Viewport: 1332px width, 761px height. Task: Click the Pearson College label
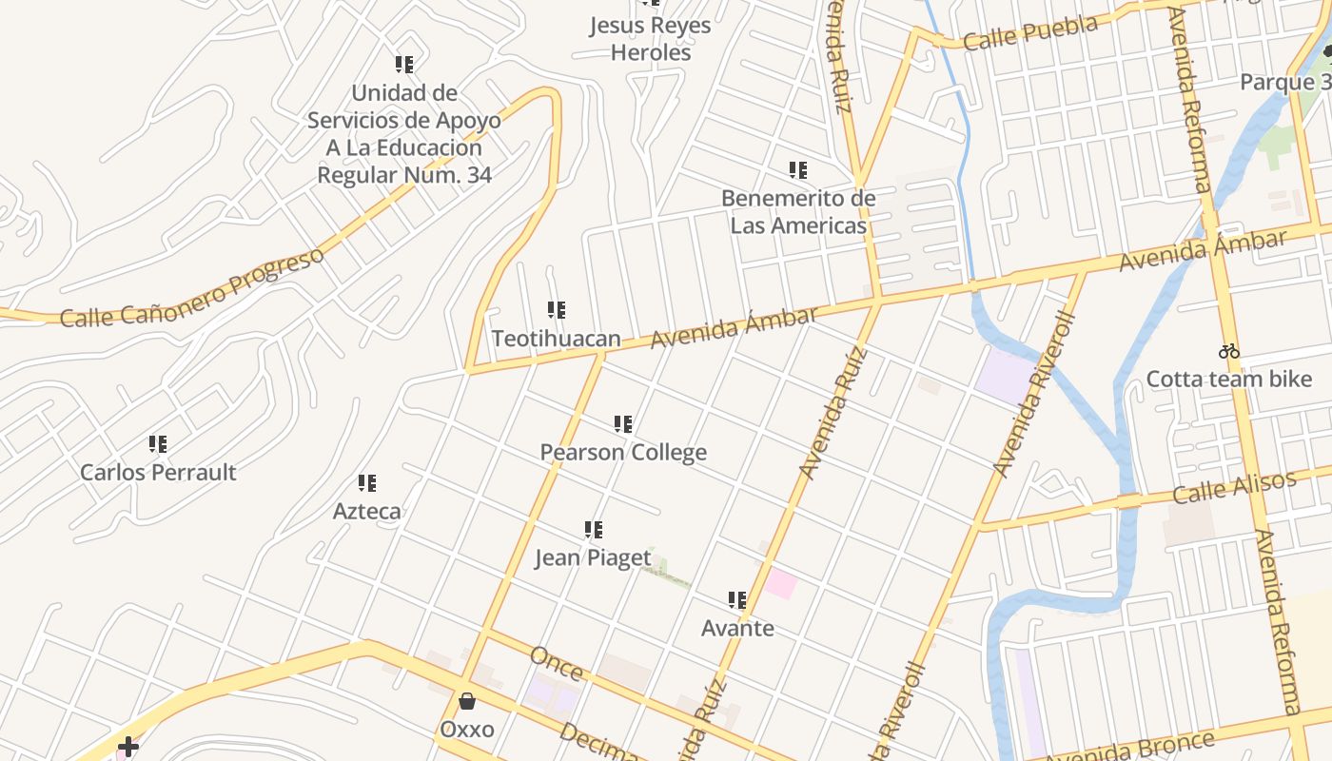pyautogui.click(x=623, y=452)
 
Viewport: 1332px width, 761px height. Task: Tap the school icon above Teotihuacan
pyautogui.click(x=557, y=310)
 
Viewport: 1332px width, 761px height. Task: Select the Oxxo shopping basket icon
pyautogui.click(x=467, y=702)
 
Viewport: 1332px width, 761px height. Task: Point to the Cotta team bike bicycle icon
pyautogui.click(x=1229, y=351)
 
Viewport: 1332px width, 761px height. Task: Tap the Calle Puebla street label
pyautogui.click(x=1029, y=32)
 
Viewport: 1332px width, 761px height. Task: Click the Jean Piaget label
pyautogui.click(x=593, y=557)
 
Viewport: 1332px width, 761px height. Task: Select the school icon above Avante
pyautogui.click(x=737, y=600)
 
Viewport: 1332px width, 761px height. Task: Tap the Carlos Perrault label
pyautogui.click(x=158, y=472)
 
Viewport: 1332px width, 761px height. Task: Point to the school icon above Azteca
pyautogui.click(x=366, y=483)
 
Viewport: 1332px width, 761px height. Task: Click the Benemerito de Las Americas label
pyautogui.click(x=798, y=212)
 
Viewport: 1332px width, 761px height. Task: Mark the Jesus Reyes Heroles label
pyautogui.click(x=650, y=39)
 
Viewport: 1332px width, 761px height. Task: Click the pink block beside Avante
pyautogui.click(x=780, y=583)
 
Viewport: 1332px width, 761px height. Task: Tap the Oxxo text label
pyautogui.click(x=467, y=730)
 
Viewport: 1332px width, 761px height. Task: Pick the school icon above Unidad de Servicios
pyautogui.click(x=404, y=65)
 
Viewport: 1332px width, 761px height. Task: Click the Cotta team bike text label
pyautogui.click(x=1229, y=380)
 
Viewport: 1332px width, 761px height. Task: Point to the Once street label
pyautogui.click(x=556, y=663)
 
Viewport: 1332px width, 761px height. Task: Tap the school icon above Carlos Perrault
pyautogui.click(x=158, y=444)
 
